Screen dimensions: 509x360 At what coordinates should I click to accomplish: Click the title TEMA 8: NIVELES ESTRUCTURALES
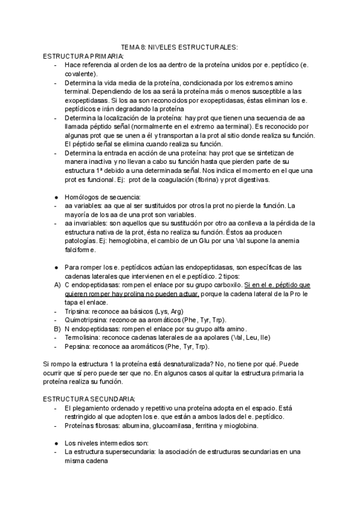(179, 46)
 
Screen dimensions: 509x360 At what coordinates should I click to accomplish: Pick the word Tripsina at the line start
(76, 312)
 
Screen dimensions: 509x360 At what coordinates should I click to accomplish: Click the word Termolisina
(81, 338)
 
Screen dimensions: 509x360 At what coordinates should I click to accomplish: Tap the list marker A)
(57, 285)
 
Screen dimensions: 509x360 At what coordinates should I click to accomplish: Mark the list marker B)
(57, 330)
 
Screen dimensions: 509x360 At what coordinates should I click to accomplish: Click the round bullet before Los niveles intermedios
(56, 444)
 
